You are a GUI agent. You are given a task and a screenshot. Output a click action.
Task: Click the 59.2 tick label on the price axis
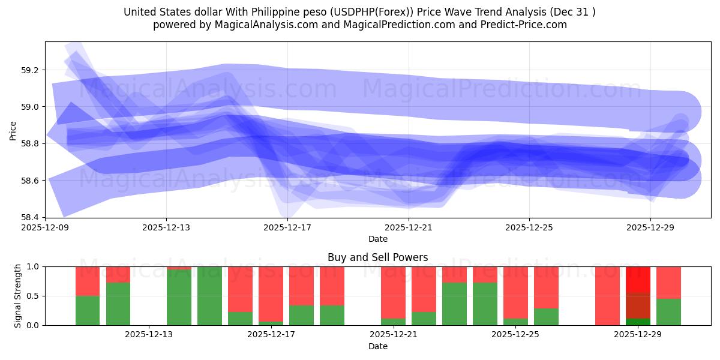pos(29,70)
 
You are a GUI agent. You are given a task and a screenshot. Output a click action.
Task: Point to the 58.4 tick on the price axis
pos(29,217)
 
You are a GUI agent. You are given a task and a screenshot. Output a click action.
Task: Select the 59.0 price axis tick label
pos(29,107)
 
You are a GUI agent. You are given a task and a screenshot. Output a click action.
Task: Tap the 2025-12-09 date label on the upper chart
pos(46,227)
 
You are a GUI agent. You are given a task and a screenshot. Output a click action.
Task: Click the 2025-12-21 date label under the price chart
pos(408,227)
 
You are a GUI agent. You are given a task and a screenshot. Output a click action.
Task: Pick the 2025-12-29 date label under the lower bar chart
pos(637,335)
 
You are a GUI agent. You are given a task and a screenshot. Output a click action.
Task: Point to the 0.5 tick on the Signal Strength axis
pos(33,296)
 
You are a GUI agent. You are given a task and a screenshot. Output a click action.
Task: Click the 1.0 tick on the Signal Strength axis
pos(33,266)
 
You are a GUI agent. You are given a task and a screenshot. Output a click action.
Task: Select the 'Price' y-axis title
pos(13,130)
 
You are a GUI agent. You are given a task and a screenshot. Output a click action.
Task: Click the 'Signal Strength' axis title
pos(18,296)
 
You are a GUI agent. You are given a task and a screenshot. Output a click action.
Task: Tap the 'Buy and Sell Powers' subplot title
pos(377,257)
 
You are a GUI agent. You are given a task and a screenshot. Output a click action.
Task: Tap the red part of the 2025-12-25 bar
pos(515,292)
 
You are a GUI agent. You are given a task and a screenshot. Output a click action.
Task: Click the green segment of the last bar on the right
pos(668,312)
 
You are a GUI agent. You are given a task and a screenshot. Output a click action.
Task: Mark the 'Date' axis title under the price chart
pos(377,239)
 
